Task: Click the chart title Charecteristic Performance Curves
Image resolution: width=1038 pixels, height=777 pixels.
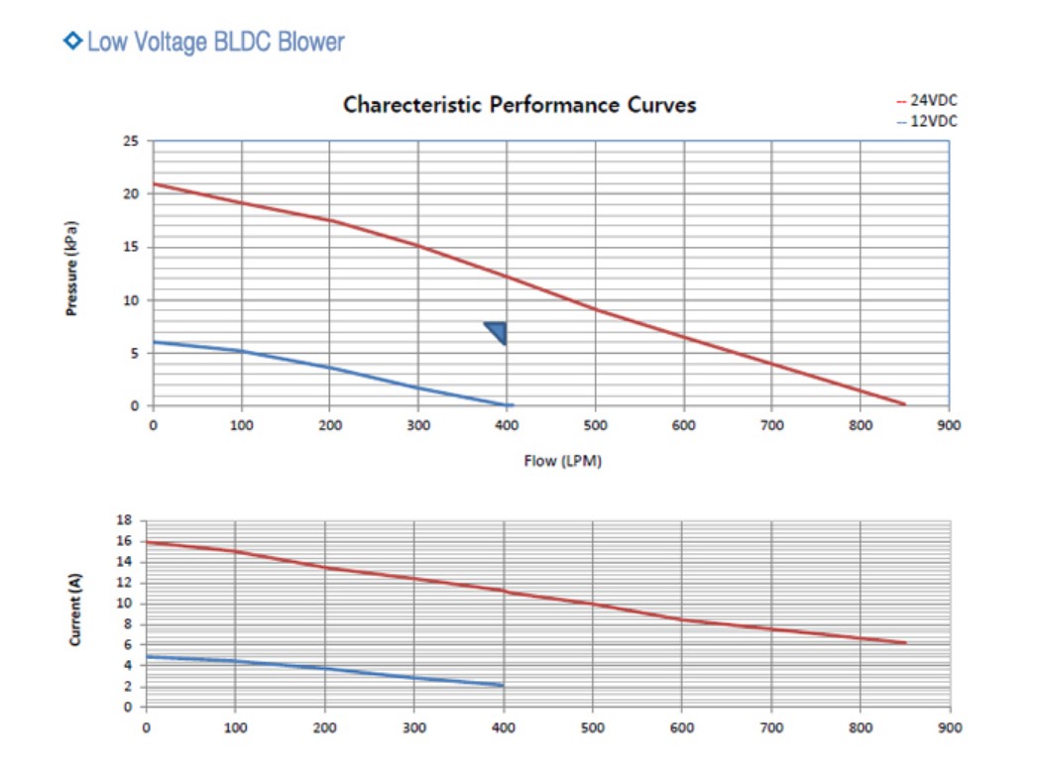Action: (519, 105)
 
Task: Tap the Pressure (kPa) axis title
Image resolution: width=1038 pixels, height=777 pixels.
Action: (71, 268)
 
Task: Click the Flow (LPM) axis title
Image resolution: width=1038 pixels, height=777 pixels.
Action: (563, 462)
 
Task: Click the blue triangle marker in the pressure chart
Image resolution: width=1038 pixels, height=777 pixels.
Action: (498, 332)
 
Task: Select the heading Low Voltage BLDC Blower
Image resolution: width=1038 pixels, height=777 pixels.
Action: (215, 42)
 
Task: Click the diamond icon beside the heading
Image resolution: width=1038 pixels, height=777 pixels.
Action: (72, 41)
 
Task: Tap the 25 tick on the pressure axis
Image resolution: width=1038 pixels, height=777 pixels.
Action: (132, 141)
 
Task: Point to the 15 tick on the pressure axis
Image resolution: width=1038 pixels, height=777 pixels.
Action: (132, 247)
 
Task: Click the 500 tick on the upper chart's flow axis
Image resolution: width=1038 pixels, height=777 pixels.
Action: (595, 425)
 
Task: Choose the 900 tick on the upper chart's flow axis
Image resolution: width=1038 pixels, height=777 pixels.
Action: (949, 425)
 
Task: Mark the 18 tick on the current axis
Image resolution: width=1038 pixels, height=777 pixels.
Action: (125, 519)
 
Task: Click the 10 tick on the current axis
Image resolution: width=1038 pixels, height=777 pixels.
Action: (125, 604)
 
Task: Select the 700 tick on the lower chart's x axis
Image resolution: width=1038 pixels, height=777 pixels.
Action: (771, 727)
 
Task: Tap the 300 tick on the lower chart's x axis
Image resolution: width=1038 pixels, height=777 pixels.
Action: (414, 727)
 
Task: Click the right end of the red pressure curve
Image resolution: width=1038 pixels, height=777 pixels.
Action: (904, 403)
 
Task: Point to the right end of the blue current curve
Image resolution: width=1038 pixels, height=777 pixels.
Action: (503, 685)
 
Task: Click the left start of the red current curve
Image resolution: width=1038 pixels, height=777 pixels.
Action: (148, 542)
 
